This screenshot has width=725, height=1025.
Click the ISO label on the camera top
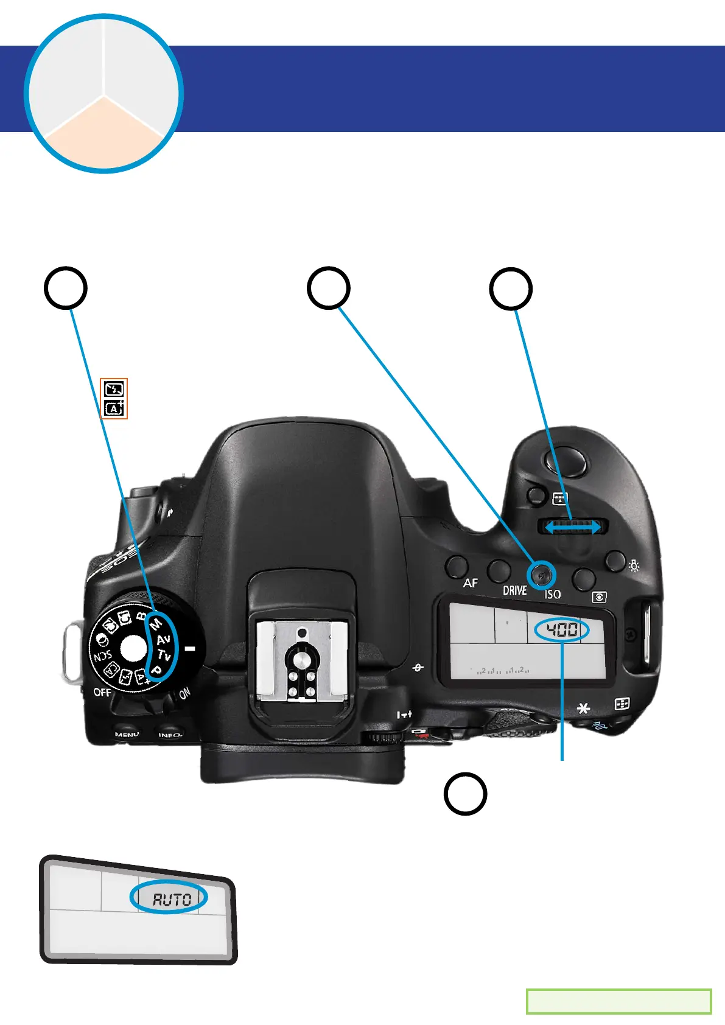pos(552,594)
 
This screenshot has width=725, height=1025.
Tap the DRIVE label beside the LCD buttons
pos(514,590)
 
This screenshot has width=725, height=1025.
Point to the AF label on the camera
pos(470,583)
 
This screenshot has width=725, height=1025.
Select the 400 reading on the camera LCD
pos(562,630)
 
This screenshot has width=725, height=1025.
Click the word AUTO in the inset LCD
pos(172,899)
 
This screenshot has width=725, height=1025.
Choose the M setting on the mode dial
pos(156,624)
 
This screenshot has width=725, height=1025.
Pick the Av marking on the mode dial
pos(163,640)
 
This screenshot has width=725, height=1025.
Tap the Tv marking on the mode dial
pos(164,655)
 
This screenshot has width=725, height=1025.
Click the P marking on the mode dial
pos(156,670)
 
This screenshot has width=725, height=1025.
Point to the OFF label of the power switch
pos(102,692)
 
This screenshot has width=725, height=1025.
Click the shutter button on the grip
pos(569,462)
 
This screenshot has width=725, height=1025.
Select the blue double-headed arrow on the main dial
pos(572,527)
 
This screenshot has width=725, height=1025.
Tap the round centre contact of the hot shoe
pos(301,658)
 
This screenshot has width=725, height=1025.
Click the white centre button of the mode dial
pos(133,648)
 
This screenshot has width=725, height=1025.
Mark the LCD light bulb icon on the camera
pos(634,566)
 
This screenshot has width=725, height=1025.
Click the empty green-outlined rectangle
pos(618,1001)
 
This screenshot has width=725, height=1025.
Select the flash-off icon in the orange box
pos(114,389)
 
